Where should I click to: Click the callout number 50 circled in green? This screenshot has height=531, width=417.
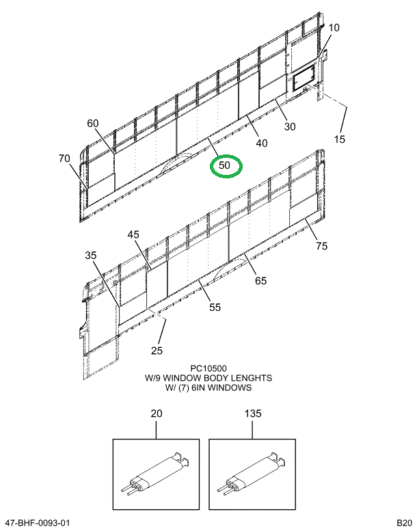[x=225, y=165]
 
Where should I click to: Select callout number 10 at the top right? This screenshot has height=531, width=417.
[x=334, y=28]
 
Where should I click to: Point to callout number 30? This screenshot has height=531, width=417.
[x=290, y=126]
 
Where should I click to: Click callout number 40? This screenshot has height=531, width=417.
[x=261, y=143]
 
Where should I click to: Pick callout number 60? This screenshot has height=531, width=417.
[x=93, y=123]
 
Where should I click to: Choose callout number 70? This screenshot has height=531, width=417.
[x=64, y=159]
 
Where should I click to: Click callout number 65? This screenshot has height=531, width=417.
[x=261, y=280]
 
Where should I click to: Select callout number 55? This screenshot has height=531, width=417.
[x=215, y=308]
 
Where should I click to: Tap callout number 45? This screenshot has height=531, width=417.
[x=133, y=234]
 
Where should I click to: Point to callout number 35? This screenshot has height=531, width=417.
[x=91, y=256]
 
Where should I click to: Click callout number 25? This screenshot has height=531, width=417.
[x=158, y=351]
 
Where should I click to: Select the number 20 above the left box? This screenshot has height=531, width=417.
[x=156, y=414]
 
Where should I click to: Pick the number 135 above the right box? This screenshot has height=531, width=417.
[x=253, y=414]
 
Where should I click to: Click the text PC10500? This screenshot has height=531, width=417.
[x=209, y=368]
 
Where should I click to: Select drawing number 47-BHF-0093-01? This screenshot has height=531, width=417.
[x=37, y=523]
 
